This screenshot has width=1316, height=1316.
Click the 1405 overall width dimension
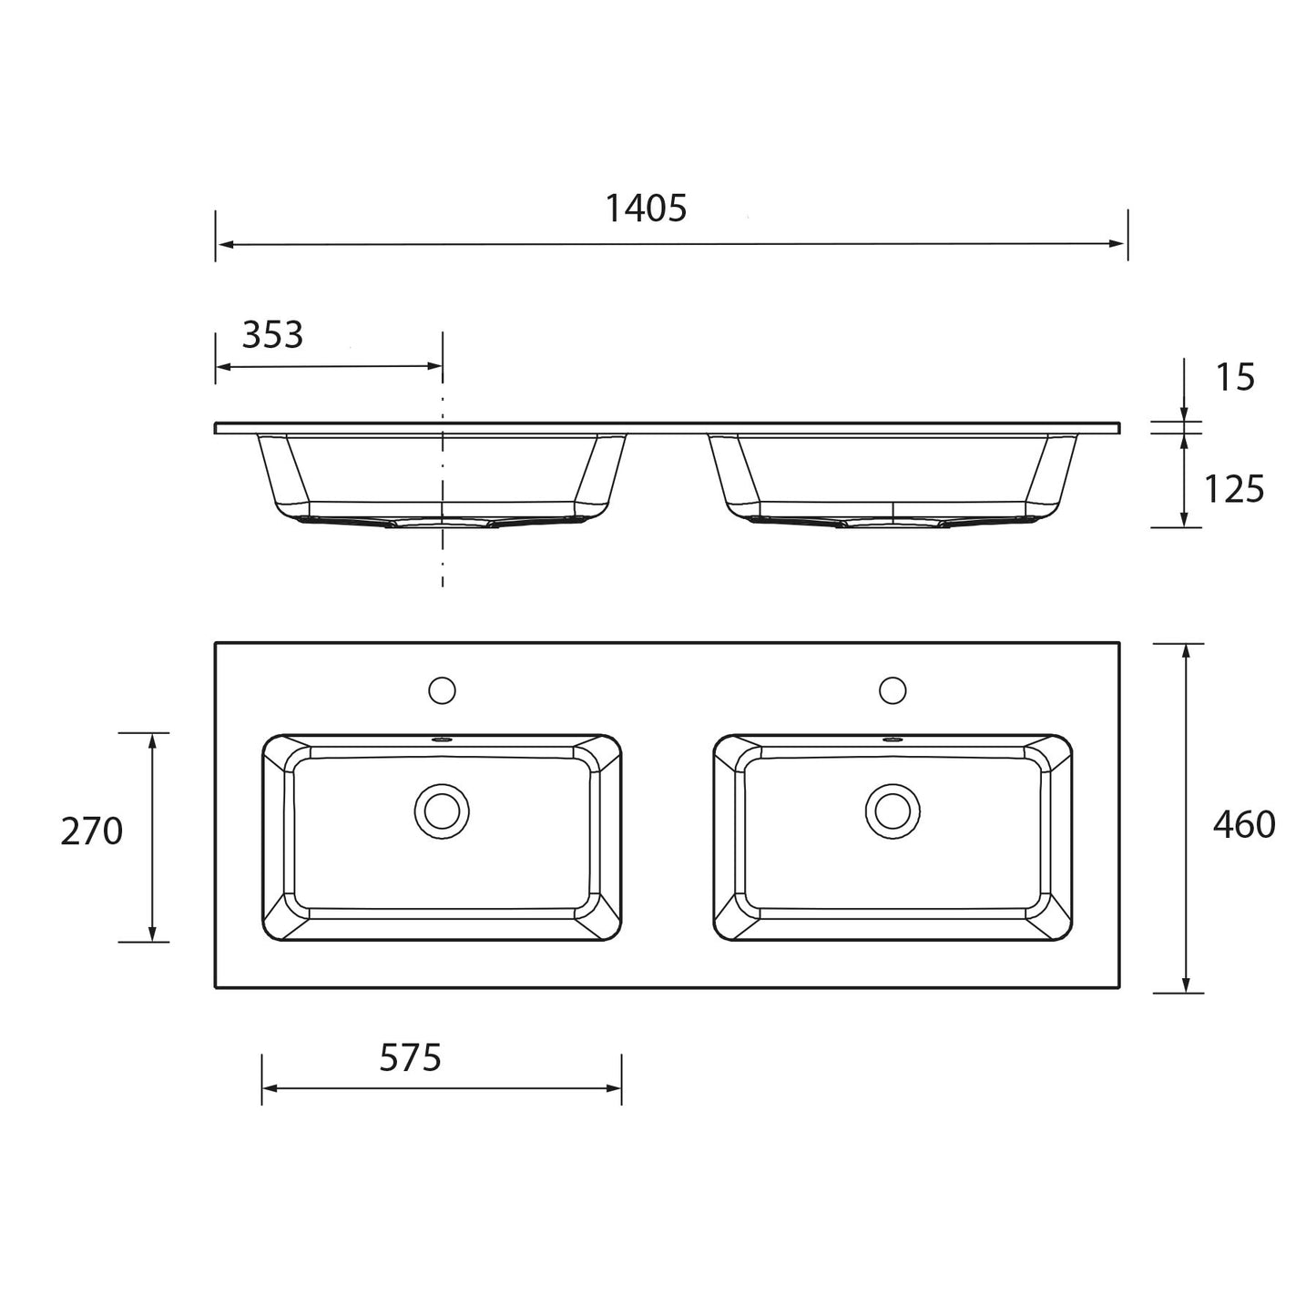(x=646, y=209)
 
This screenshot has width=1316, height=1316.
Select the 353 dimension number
(x=272, y=335)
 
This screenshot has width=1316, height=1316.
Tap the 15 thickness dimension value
(x=1235, y=377)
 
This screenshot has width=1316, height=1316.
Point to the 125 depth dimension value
(x=1234, y=490)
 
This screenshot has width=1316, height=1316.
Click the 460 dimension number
(x=1243, y=824)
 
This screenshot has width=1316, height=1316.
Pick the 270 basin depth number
(x=92, y=831)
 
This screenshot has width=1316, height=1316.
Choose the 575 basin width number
(x=410, y=1057)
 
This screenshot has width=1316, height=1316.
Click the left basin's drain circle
(x=442, y=811)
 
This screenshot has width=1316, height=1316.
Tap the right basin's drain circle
(x=893, y=811)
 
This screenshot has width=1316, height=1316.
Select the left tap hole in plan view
(x=442, y=690)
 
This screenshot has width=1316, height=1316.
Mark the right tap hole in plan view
(x=893, y=690)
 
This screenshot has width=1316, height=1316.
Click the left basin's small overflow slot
(x=442, y=740)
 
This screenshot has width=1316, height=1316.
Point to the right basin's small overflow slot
(x=893, y=740)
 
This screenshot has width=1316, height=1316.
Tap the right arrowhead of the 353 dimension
(x=434, y=366)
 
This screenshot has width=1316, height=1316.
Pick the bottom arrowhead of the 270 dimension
(x=152, y=933)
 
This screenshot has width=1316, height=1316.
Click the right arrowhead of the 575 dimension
(x=614, y=1087)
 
